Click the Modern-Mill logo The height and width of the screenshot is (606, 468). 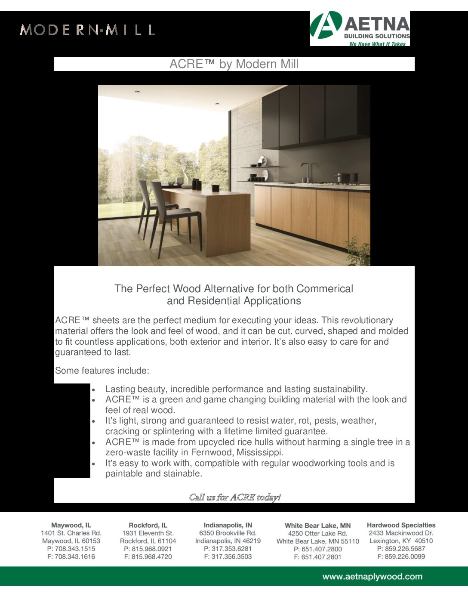[87, 30]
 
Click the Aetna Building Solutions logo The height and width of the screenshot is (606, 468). [360, 28]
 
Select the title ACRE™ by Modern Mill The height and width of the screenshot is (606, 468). [234, 64]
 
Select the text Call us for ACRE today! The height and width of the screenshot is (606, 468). [235, 497]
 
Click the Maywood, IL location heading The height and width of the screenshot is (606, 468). [71, 525]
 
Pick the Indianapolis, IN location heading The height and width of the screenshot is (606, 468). [228, 525]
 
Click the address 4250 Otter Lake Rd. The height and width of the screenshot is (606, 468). [317, 533]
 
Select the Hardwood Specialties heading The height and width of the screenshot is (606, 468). [401, 525]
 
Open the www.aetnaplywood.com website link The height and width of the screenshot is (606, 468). [372, 577]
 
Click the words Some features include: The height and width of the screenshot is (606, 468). [102, 371]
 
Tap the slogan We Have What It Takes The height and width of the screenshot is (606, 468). [377, 44]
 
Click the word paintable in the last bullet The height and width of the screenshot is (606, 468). [123, 473]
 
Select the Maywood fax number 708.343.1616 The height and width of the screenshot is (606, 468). [75, 557]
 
